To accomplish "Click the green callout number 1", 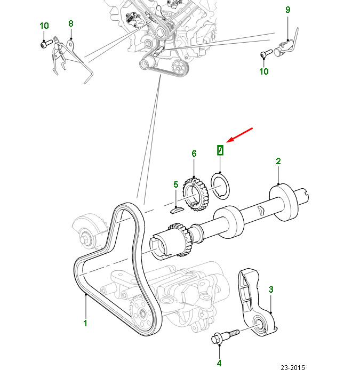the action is pos(85,323).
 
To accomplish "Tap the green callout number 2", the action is pos(278,161).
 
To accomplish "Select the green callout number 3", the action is pos(271,289).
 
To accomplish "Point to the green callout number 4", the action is pos(219,363).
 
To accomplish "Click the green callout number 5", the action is pos(175,184).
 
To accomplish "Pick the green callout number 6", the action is pos(194,154).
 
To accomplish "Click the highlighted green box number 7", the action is pos(220,150).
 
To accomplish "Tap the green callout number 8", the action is pos(71,23).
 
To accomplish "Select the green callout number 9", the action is pos(288,10).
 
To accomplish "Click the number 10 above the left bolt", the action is pos(44,26).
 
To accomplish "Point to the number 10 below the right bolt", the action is pos(264,71).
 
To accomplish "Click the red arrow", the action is pos(239,135).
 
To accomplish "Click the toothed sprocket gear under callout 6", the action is pos(196,195).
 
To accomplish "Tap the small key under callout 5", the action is pos(176,210).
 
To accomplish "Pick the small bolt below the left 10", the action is pos(46,44).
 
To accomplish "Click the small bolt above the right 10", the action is pos(266,53).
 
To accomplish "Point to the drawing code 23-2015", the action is pos(293,367).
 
